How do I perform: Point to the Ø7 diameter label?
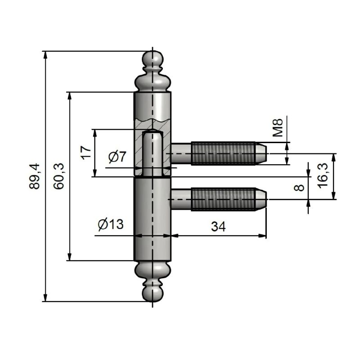(117, 157)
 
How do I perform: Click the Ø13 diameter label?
(110, 225)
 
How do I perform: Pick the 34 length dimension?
(218, 227)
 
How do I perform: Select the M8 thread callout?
(278, 127)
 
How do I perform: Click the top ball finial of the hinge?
(153, 59)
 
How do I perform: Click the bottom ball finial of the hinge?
(153, 293)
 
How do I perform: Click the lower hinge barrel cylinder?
(153, 220)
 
